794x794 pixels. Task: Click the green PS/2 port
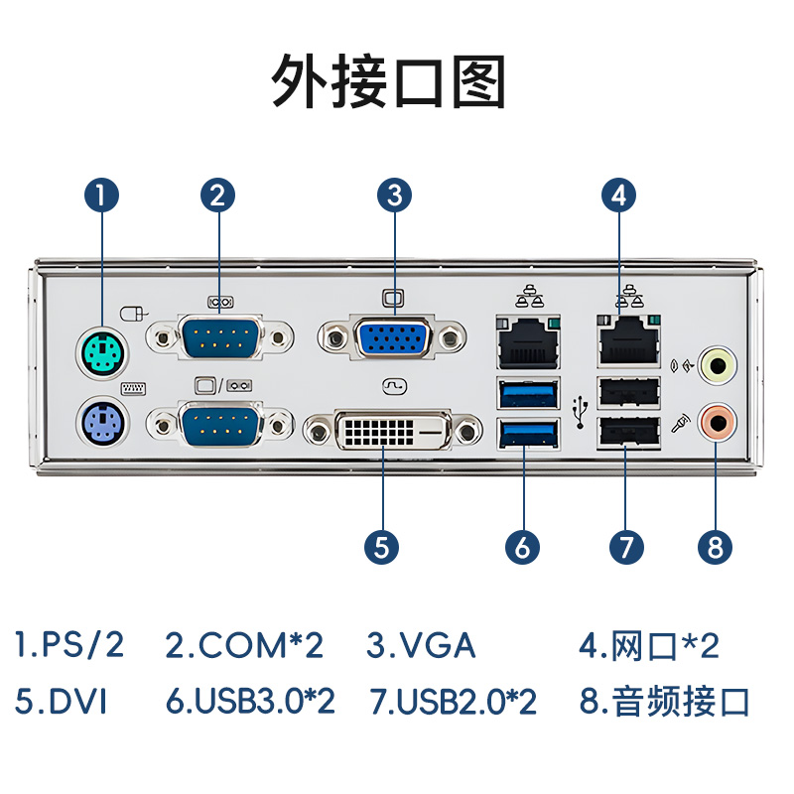tap(102, 352)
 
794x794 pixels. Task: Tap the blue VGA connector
tap(393, 337)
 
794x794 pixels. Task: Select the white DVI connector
tap(393, 431)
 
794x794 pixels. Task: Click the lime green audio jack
tap(717, 364)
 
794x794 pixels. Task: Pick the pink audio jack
tap(717, 422)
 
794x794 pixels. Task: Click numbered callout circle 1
tap(102, 195)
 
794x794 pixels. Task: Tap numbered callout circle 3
tap(394, 195)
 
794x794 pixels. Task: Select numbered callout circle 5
tap(381, 547)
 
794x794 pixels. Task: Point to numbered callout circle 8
tap(715, 547)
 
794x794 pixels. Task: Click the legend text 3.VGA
tap(421, 645)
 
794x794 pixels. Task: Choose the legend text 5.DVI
tap(61, 702)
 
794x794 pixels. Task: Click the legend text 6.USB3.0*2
tap(250, 702)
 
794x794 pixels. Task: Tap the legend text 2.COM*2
tap(244, 645)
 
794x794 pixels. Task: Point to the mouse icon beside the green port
tap(134, 314)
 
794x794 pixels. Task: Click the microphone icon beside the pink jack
tap(681, 424)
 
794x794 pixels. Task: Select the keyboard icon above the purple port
tap(133, 388)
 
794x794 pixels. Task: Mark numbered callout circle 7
tap(626, 547)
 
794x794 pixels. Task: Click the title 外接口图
tap(389, 81)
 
